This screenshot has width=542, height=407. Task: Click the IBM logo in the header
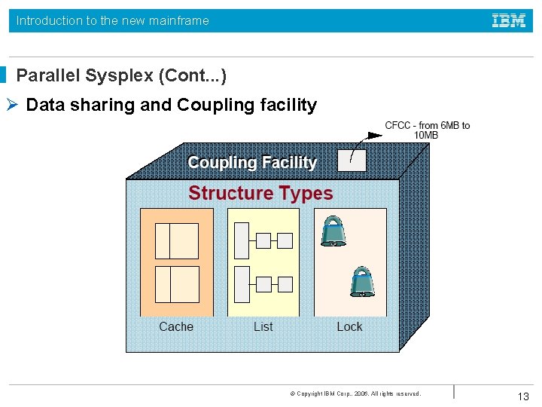(509, 20)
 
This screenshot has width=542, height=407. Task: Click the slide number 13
(523, 396)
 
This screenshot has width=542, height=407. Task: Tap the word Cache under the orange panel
(176, 326)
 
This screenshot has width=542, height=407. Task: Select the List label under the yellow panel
(263, 326)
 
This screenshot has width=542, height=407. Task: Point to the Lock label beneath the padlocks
(349, 326)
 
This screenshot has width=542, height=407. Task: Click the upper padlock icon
(333, 231)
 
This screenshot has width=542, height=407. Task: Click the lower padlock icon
(362, 281)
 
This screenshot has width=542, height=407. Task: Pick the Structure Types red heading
(260, 193)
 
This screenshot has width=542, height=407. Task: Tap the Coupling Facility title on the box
(252, 162)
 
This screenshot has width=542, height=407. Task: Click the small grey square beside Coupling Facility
(352, 161)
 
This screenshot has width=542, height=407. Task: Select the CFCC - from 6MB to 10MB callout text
(427, 130)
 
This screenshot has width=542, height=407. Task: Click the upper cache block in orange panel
(177, 241)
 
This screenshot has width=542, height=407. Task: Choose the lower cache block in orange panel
(177, 284)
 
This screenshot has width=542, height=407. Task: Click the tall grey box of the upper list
(242, 240)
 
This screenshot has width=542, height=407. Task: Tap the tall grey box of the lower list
(242, 284)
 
